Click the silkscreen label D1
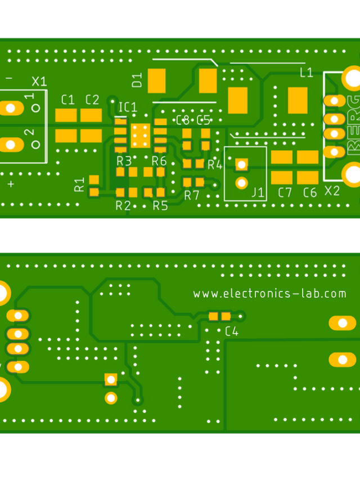tap(137, 80)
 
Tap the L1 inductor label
tap(306, 72)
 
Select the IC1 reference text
tap(127, 107)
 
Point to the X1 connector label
tap(39, 82)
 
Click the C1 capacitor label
tap(67, 100)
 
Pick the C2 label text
tap(92, 100)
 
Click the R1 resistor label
tap(79, 184)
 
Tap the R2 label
tap(123, 205)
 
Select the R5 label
tap(160, 205)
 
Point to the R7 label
tap(192, 195)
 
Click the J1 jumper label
tap(258, 192)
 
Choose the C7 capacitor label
tap(285, 192)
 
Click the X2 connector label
tap(332, 190)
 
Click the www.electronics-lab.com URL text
tap(269, 293)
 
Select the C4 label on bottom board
tap(231, 331)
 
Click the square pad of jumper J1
tap(241, 164)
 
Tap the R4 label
tap(215, 165)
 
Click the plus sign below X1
tap(10, 184)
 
